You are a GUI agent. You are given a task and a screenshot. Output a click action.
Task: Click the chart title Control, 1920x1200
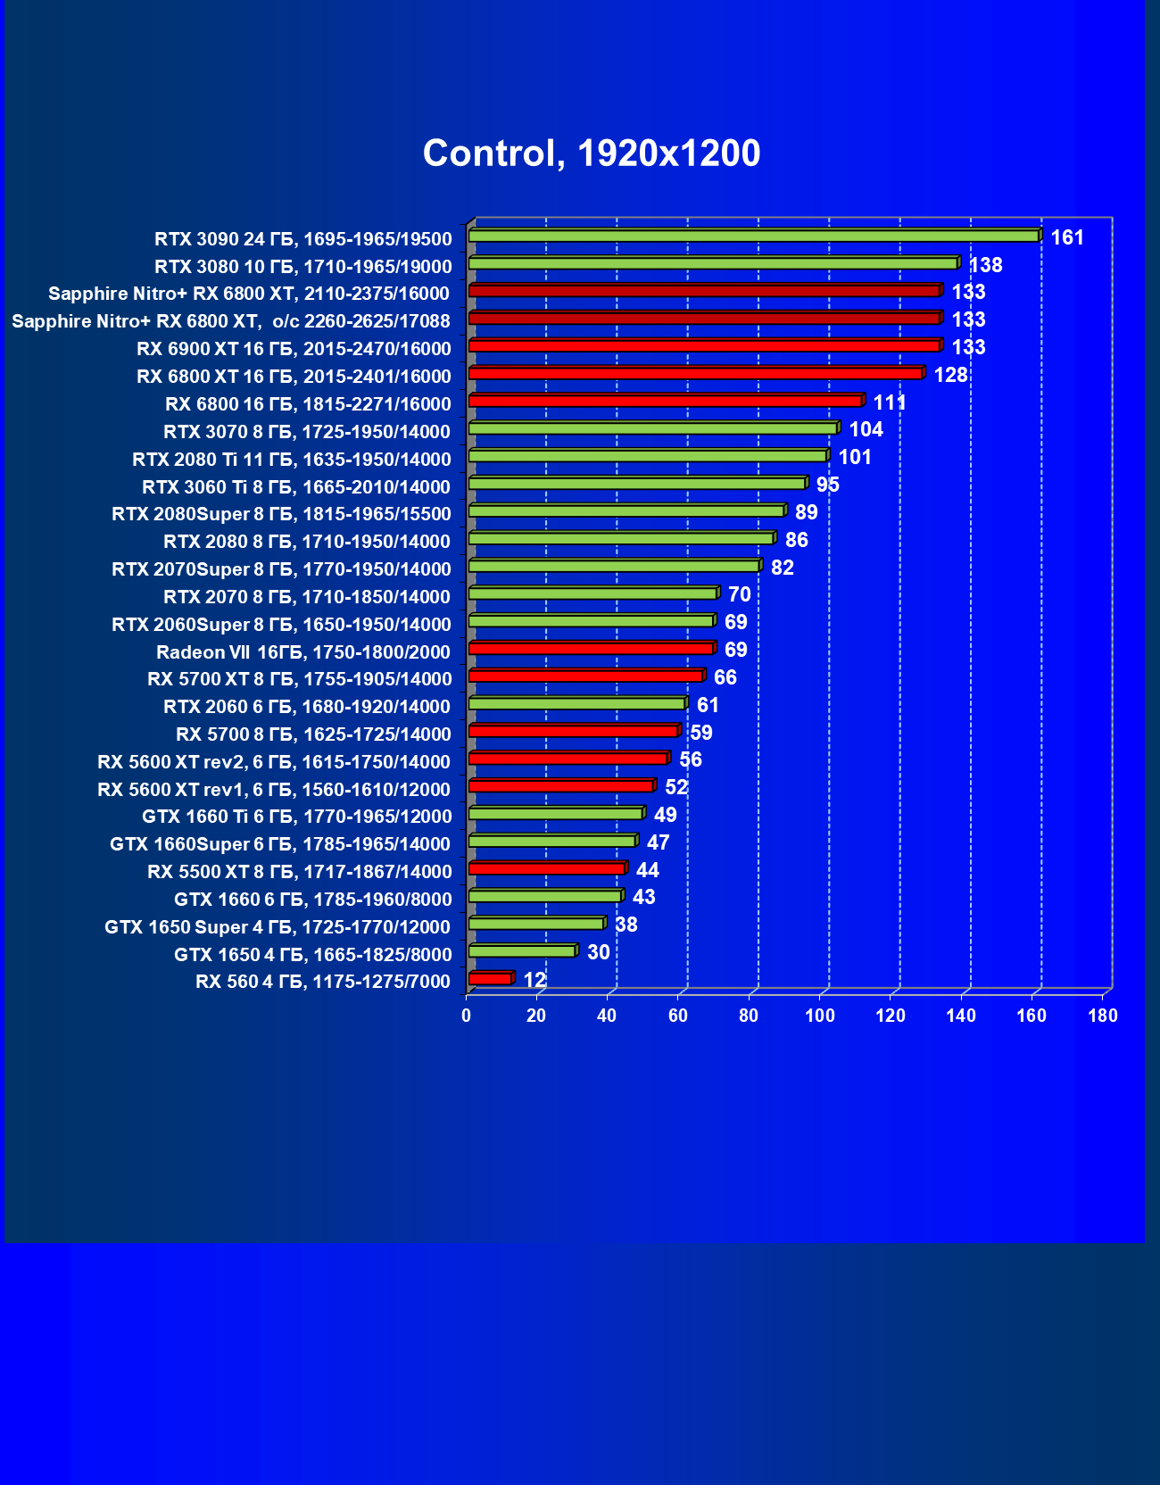(x=592, y=153)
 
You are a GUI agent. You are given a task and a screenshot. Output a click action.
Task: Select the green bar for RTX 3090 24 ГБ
(x=754, y=236)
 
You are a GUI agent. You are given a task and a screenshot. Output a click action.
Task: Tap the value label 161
(x=1067, y=237)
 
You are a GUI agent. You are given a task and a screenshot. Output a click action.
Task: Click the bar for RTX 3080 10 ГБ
(x=713, y=263)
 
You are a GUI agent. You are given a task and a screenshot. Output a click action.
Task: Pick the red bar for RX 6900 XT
(x=704, y=345)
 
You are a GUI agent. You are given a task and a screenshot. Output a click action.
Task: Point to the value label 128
(x=950, y=375)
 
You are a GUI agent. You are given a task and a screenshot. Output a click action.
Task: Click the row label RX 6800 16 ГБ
(x=308, y=404)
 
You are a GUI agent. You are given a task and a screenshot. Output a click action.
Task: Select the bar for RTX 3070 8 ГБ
(x=652, y=428)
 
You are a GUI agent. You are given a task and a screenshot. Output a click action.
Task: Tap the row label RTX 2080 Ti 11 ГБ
(x=292, y=460)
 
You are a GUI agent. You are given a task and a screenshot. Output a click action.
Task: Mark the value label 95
(x=828, y=485)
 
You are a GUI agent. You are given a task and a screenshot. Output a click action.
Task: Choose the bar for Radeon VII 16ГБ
(x=591, y=649)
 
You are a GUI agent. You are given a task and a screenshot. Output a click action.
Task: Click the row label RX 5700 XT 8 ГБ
(x=300, y=679)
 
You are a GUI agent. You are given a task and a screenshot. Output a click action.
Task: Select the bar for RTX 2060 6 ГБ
(x=576, y=704)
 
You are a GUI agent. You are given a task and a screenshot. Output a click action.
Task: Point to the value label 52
(x=676, y=787)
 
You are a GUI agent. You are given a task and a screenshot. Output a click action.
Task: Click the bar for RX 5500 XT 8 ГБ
(x=546, y=869)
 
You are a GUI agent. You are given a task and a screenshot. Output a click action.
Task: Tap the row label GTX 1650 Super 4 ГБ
(x=278, y=927)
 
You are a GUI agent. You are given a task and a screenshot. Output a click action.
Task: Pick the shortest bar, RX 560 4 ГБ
(x=490, y=979)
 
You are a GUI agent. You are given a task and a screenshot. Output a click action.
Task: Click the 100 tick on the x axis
(x=819, y=1016)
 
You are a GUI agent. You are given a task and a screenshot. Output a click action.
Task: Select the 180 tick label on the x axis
(x=1103, y=1016)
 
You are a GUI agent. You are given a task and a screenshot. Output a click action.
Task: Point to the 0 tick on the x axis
(x=466, y=1016)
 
